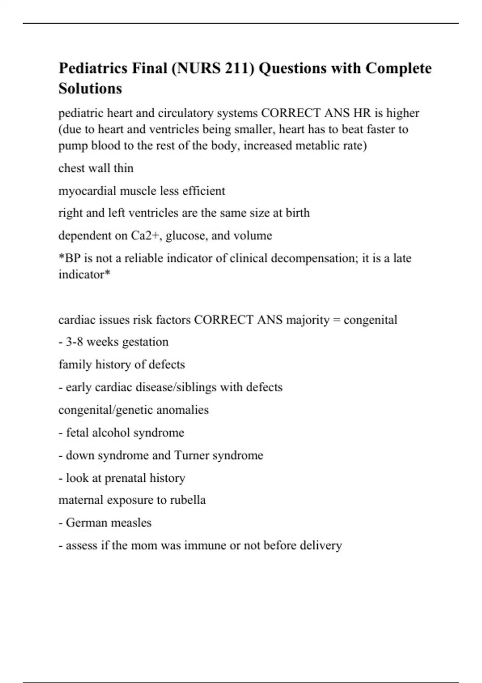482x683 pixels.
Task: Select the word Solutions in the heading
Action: coord(90,88)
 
